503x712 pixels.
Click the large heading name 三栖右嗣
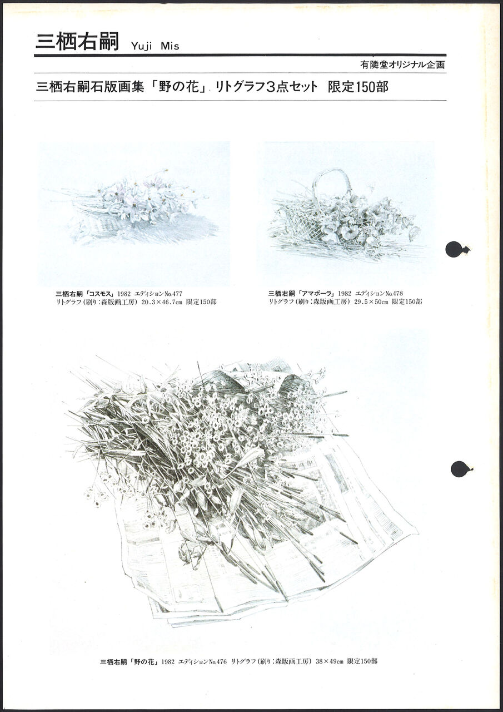click(x=77, y=41)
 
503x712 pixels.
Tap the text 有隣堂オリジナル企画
click(x=402, y=65)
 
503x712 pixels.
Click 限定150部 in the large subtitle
click(x=358, y=87)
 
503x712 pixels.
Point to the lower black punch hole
click(x=461, y=469)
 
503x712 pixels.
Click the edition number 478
click(x=397, y=293)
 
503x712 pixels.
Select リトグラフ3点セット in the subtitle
click(x=266, y=87)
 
